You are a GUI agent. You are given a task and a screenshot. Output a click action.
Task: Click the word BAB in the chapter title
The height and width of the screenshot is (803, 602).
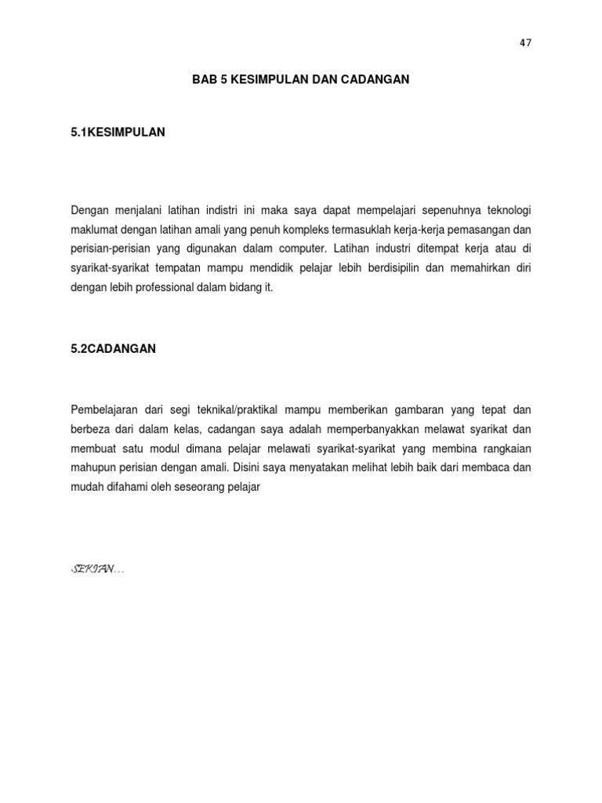coord(205,80)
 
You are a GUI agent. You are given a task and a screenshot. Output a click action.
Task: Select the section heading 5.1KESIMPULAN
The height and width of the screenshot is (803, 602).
coord(118,133)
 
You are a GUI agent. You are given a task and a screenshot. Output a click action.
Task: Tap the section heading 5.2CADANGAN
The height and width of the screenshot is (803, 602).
coord(113,349)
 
